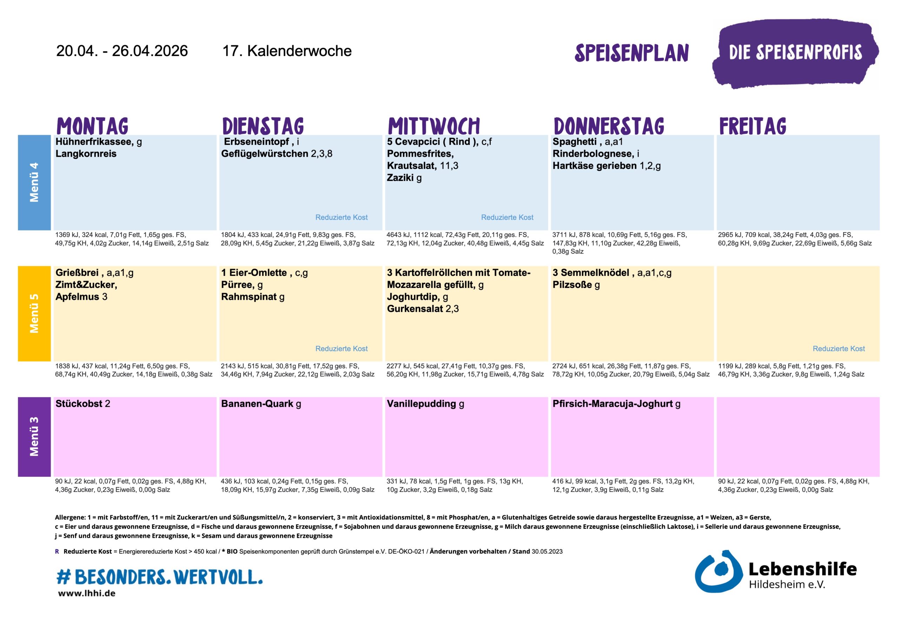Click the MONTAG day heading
click(x=92, y=126)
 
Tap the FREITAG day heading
click(x=752, y=126)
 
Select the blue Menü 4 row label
click(x=34, y=182)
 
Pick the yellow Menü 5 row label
click(x=34, y=313)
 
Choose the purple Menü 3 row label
click(x=34, y=437)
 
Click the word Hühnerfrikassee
click(x=94, y=142)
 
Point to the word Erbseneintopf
click(x=256, y=142)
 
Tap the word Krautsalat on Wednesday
click(x=411, y=166)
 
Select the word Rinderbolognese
click(x=593, y=154)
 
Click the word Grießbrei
click(x=77, y=272)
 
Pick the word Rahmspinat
click(x=249, y=297)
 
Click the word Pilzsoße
click(x=572, y=285)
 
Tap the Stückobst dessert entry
click(x=79, y=404)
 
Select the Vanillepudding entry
click(x=421, y=404)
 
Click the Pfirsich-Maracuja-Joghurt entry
click(x=612, y=404)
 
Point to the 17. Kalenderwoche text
click(x=287, y=51)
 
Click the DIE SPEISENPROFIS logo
click(x=795, y=53)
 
